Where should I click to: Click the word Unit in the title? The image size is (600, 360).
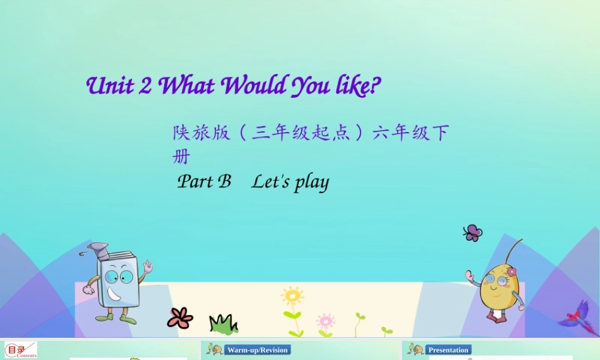pyautogui.click(x=110, y=86)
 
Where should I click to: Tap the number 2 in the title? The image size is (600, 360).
pyautogui.click(x=145, y=86)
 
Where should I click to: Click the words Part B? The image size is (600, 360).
pyautogui.click(x=204, y=181)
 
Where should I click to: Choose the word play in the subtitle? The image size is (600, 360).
pyautogui.click(x=311, y=182)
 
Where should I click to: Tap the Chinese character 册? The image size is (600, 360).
pyautogui.click(x=181, y=157)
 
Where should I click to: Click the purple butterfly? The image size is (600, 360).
pyautogui.click(x=473, y=233)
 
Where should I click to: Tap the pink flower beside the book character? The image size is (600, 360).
pyautogui.click(x=179, y=317)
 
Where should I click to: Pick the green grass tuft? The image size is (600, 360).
pyautogui.click(x=223, y=324)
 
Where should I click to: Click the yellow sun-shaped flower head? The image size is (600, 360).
pyautogui.click(x=292, y=296)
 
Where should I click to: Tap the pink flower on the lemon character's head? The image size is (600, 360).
pyautogui.click(x=511, y=271)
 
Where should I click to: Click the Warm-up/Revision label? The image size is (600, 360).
pyautogui.click(x=257, y=350)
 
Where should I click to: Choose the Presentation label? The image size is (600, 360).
pyautogui.click(x=448, y=350)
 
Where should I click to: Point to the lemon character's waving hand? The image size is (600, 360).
pyautogui.click(x=470, y=276)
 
